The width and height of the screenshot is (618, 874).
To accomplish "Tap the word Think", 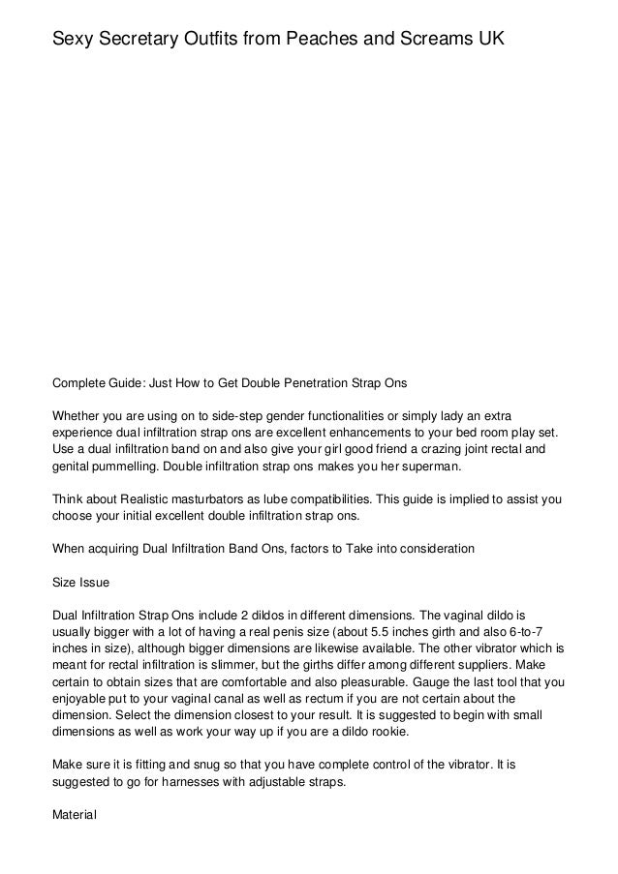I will tap(70, 498).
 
